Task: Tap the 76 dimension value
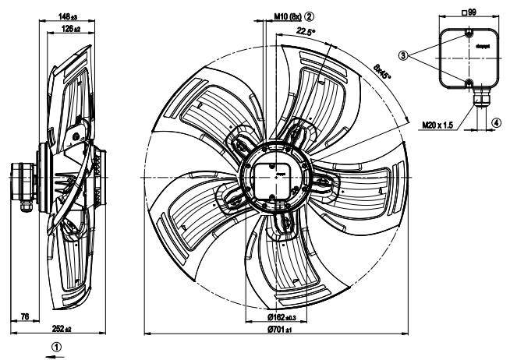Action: pyautogui.click(x=24, y=316)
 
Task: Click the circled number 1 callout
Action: pyautogui.click(x=55, y=345)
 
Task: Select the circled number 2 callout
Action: pyautogui.click(x=309, y=16)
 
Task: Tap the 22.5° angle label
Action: pyautogui.click(x=306, y=32)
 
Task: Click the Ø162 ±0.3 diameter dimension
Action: pyautogui.click(x=270, y=316)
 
